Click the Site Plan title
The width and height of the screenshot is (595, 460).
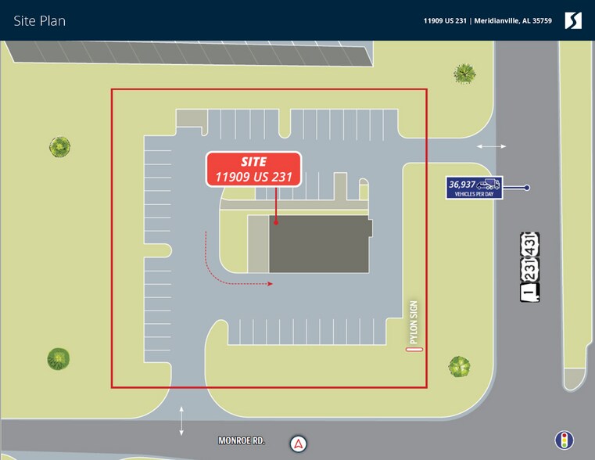(x=39, y=21)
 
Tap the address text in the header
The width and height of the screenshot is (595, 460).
(x=488, y=21)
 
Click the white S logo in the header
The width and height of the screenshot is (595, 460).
(x=573, y=20)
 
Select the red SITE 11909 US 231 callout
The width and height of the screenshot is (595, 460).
(x=253, y=169)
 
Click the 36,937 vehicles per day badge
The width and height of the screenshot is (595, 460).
(x=475, y=188)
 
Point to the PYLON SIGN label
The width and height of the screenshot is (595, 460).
(x=414, y=322)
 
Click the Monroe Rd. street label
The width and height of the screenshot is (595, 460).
(x=242, y=440)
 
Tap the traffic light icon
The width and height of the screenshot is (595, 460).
(x=565, y=440)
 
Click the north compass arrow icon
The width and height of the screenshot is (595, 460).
(x=299, y=444)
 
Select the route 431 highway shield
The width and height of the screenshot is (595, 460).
(x=530, y=244)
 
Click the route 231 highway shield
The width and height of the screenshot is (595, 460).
(x=530, y=269)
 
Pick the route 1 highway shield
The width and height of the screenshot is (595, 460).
(x=530, y=293)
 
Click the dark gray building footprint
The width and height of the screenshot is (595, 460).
(x=319, y=244)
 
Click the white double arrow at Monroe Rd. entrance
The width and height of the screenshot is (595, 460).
(x=181, y=421)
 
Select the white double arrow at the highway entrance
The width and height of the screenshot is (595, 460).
(x=492, y=146)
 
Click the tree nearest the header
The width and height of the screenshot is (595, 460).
(x=464, y=74)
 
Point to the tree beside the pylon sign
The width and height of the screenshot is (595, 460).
(x=459, y=367)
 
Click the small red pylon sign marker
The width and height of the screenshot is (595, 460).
(x=414, y=349)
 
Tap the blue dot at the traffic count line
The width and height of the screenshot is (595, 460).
(x=527, y=188)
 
